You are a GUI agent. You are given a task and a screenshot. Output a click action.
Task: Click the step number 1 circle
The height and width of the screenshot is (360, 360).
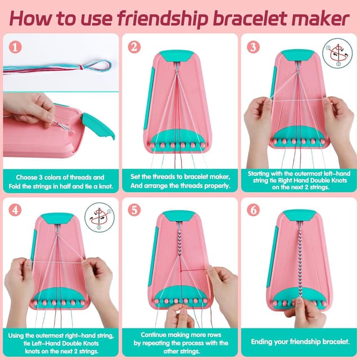(x=15, y=47)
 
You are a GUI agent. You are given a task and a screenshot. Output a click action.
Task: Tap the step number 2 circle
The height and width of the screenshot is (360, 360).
(x=134, y=47)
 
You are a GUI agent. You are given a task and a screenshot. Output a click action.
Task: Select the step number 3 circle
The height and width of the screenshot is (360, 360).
(x=253, y=47)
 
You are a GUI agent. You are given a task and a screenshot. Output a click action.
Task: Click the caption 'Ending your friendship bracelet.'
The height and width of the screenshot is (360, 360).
(x=299, y=341)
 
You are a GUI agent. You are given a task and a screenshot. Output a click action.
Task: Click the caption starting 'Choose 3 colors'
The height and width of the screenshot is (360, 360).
(x=61, y=181)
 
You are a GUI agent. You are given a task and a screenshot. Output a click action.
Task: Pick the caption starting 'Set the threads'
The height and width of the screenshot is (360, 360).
(x=179, y=181)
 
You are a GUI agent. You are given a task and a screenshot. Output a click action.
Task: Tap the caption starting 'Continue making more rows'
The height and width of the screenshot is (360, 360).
(x=179, y=341)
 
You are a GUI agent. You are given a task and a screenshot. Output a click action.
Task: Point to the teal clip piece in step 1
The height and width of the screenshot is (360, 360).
(x=98, y=125)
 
